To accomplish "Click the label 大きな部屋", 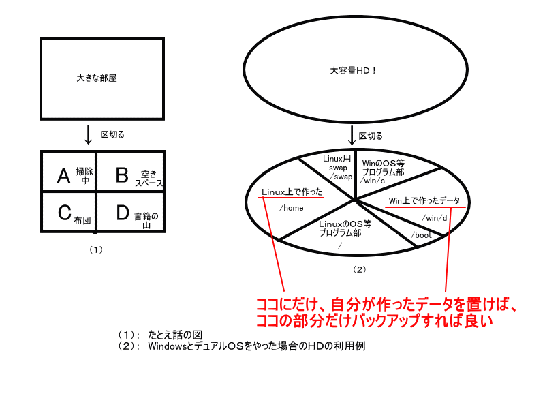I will pos(97,78).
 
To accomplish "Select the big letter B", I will pos(122,176).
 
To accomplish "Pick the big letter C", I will pos(64,213).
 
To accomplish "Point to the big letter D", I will pos(122,213).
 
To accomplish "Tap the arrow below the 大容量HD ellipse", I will pos(352,135).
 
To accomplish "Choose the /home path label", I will pos(292,208).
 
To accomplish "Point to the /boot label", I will pos(422,236).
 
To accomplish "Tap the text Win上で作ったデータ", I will pos(424,200).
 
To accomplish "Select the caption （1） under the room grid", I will pos(95,249).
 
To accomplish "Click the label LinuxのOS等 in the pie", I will pos(345,224).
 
